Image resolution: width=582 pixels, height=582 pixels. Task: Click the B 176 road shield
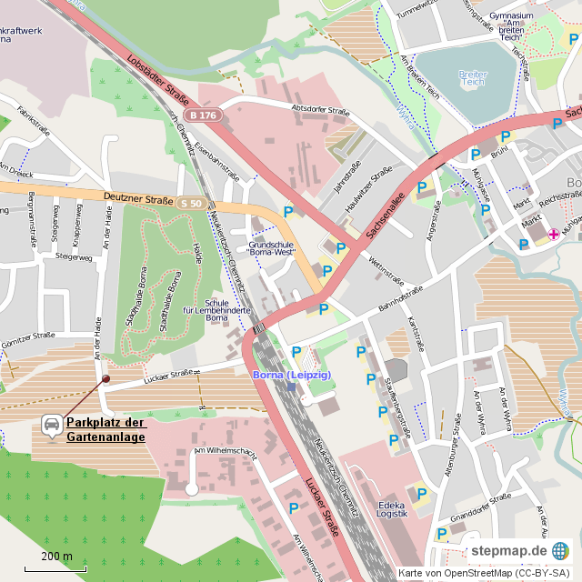(x=202, y=115)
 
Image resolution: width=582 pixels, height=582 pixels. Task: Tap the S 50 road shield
(x=191, y=203)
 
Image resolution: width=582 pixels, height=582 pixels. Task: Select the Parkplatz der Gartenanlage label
(x=105, y=429)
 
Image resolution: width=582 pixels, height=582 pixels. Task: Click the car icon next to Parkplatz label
(x=52, y=425)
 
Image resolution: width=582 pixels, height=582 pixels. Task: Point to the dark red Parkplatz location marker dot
(x=105, y=379)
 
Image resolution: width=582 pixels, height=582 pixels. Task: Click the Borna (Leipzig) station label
(x=291, y=375)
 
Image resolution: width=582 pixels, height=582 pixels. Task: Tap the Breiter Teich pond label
(x=473, y=80)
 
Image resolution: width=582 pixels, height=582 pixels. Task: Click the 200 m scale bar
(x=56, y=557)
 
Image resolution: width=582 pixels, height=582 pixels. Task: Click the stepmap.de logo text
(x=508, y=551)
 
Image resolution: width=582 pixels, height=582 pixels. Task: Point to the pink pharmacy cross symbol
(x=553, y=234)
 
